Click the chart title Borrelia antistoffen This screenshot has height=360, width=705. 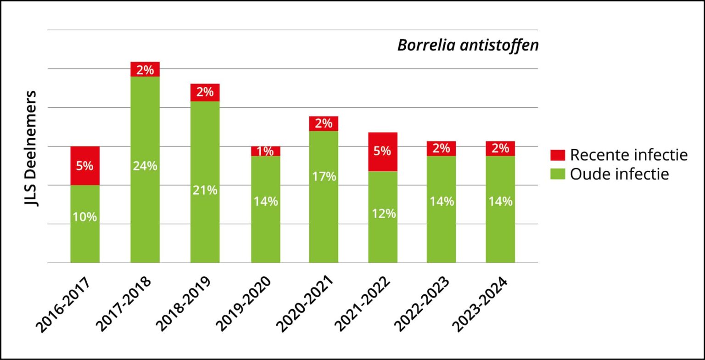467,45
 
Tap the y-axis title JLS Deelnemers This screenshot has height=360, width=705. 31,148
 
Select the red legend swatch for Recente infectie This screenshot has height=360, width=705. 557,155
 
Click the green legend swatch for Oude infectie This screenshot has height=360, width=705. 557,174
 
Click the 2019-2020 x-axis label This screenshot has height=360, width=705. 244,304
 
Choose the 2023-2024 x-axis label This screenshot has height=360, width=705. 480,304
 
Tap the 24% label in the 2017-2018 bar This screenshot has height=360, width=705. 145,166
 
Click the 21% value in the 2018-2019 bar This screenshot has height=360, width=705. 205,190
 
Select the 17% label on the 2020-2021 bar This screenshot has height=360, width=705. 324,176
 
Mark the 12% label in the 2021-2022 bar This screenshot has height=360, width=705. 383,213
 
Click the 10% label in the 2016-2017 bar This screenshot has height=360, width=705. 84,217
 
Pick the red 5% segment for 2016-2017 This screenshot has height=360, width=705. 84,166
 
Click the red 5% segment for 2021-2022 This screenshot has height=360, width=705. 382,151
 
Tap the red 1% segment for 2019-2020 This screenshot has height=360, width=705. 265,151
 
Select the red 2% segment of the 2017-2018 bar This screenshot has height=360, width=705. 145,69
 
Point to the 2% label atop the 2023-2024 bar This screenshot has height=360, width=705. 500,148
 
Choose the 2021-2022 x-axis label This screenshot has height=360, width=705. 363,304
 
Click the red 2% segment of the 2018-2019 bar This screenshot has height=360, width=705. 205,92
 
